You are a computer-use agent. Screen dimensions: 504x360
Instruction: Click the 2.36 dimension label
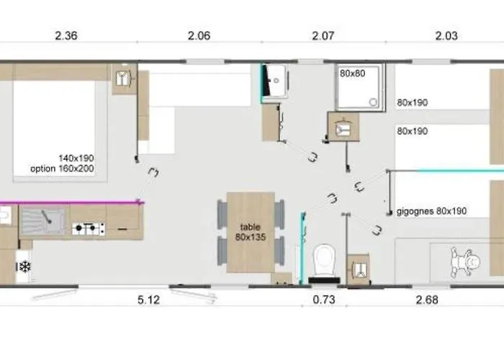point(66,36)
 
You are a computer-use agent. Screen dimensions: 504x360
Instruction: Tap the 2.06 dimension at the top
point(199,36)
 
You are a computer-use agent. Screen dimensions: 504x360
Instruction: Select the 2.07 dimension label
point(323,36)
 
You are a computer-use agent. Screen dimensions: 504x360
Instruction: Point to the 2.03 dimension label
point(446,36)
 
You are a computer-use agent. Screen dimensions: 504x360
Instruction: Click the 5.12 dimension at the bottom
point(148,300)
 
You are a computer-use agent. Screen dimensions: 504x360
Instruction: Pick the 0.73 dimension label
point(324,300)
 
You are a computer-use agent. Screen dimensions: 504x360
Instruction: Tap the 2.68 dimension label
point(427,300)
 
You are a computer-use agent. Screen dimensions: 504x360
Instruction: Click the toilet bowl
point(324,261)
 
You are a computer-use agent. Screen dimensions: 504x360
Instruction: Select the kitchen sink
point(42,220)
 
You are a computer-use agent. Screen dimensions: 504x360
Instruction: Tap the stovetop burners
point(89,228)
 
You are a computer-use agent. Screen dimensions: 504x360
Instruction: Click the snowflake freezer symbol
point(24,266)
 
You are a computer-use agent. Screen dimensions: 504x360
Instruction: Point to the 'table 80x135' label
point(251,232)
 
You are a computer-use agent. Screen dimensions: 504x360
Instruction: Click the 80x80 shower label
point(353,73)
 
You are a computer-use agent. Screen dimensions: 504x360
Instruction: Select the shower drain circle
point(373,102)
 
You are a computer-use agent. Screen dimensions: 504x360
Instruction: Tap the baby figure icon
point(465,262)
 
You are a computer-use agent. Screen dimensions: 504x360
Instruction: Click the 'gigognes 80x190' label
point(431,211)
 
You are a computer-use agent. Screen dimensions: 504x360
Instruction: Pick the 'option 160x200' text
point(62,168)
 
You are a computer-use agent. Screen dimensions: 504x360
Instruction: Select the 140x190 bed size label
point(76,158)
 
